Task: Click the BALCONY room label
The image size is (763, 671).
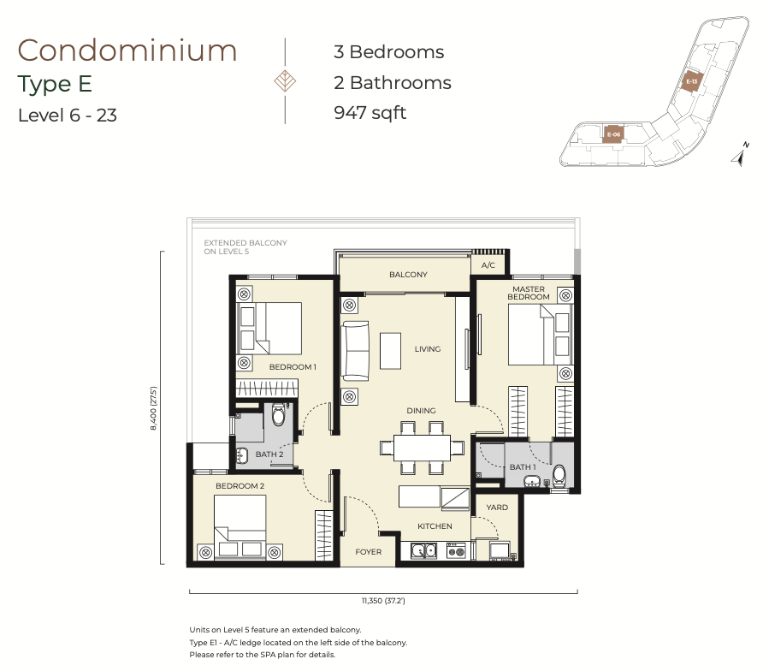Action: (x=408, y=275)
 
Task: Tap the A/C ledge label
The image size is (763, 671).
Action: (x=488, y=265)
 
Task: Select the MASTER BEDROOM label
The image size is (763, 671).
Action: (x=529, y=293)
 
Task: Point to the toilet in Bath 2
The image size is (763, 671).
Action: (x=278, y=414)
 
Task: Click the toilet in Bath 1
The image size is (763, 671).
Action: (x=559, y=476)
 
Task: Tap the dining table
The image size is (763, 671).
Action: (x=422, y=448)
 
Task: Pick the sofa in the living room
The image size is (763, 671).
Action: (x=355, y=351)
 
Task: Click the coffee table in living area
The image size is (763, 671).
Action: (x=390, y=351)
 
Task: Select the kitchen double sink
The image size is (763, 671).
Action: (x=423, y=550)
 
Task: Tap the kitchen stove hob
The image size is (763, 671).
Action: (x=457, y=550)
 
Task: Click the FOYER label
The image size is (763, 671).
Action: (x=369, y=552)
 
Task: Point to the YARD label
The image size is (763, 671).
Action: (x=497, y=508)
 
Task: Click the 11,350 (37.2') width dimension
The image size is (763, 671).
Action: (x=383, y=601)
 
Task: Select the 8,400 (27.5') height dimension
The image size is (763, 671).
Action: (x=153, y=408)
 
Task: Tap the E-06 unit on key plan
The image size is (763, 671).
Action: (x=613, y=134)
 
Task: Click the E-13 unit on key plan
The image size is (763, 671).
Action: (x=691, y=81)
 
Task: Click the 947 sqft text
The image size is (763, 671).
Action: (x=370, y=113)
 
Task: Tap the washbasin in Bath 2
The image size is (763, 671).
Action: (x=242, y=454)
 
